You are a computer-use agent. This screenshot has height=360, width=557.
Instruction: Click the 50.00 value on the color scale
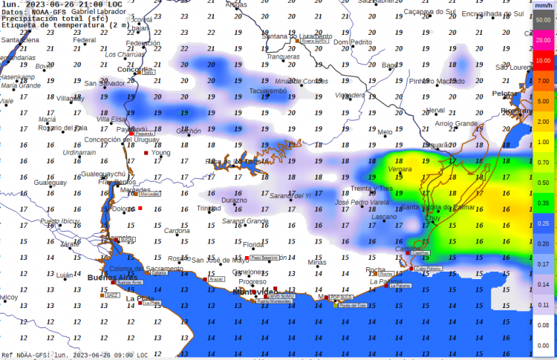pyautogui.click(x=543, y=19)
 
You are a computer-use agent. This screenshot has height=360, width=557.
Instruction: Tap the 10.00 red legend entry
pyautogui.click(x=543, y=60)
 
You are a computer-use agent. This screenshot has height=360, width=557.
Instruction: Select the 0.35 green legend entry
pyautogui.click(x=543, y=203)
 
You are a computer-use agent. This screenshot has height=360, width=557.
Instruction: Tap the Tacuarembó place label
pyautogui.click(x=267, y=91)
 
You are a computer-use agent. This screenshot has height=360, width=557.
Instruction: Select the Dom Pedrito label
pyautogui.click(x=352, y=42)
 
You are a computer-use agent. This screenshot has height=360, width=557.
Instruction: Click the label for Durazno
pyautogui.click(x=234, y=200)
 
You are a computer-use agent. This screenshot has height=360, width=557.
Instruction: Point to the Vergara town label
pyautogui.click(x=400, y=169)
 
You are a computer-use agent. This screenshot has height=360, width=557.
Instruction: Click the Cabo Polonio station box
pyautogui.click(x=429, y=269)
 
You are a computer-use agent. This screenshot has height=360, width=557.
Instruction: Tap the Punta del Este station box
pyautogui.click(x=353, y=305)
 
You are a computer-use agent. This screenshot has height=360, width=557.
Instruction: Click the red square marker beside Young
pyautogui.click(x=146, y=153)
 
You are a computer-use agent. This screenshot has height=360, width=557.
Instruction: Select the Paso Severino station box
pyautogui.click(x=264, y=258)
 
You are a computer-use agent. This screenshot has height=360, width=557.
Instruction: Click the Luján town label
pyautogui.click(x=65, y=275)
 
